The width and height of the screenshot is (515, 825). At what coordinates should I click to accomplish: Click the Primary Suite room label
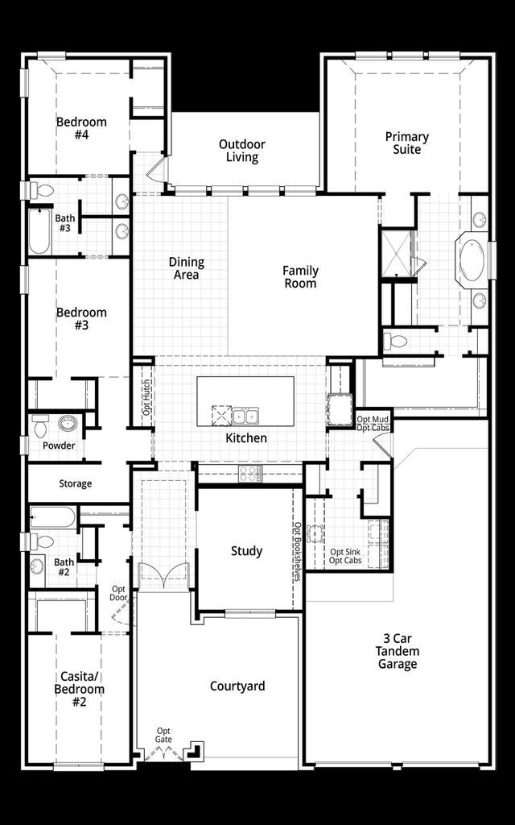point(406,143)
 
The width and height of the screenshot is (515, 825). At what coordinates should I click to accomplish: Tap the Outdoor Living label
point(242,151)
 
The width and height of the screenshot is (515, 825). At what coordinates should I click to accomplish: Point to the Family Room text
point(300,276)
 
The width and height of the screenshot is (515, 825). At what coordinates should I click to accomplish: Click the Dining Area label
point(186,268)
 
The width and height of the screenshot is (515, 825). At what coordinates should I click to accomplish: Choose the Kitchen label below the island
point(246,438)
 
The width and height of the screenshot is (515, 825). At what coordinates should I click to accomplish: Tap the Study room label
point(246,551)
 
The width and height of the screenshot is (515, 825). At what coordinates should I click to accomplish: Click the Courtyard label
point(237,686)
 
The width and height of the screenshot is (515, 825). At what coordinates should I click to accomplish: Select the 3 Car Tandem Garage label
point(398,650)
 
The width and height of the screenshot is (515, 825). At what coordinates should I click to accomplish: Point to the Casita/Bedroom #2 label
point(79,683)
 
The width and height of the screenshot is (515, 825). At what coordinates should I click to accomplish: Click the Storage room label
point(75,484)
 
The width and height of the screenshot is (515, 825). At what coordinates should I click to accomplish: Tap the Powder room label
point(59,446)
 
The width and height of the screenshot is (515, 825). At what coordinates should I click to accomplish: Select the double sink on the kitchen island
point(245,416)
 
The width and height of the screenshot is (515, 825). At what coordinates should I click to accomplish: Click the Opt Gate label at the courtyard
point(163,736)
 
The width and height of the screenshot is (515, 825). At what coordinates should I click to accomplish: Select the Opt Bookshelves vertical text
point(297,551)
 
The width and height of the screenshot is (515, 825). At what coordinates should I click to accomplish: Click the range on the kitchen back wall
point(249,474)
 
